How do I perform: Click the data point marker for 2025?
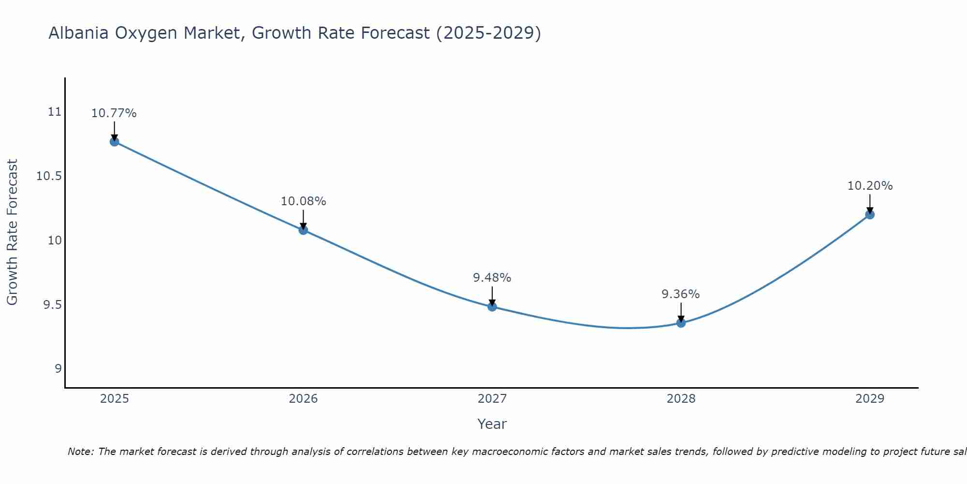[115, 142]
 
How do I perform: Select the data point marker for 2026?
[303, 230]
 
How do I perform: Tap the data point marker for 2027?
[492, 306]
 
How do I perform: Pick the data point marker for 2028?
[681, 323]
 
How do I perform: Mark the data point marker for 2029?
[870, 214]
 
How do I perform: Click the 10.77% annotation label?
[114, 113]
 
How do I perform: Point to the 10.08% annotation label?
[303, 201]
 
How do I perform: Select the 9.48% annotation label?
[492, 278]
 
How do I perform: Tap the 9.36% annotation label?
[681, 294]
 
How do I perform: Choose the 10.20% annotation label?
[870, 186]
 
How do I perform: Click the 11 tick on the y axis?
[55, 112]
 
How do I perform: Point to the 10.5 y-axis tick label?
[49, 176]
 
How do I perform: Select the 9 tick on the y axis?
[58, 369]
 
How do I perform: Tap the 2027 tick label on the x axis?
[492, 399]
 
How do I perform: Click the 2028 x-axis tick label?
[681, 399]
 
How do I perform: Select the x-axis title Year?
[492, 424]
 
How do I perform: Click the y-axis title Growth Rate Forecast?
[12, 232]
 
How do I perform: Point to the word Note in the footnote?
[80, 452]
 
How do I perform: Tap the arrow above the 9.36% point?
[681, 312]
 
